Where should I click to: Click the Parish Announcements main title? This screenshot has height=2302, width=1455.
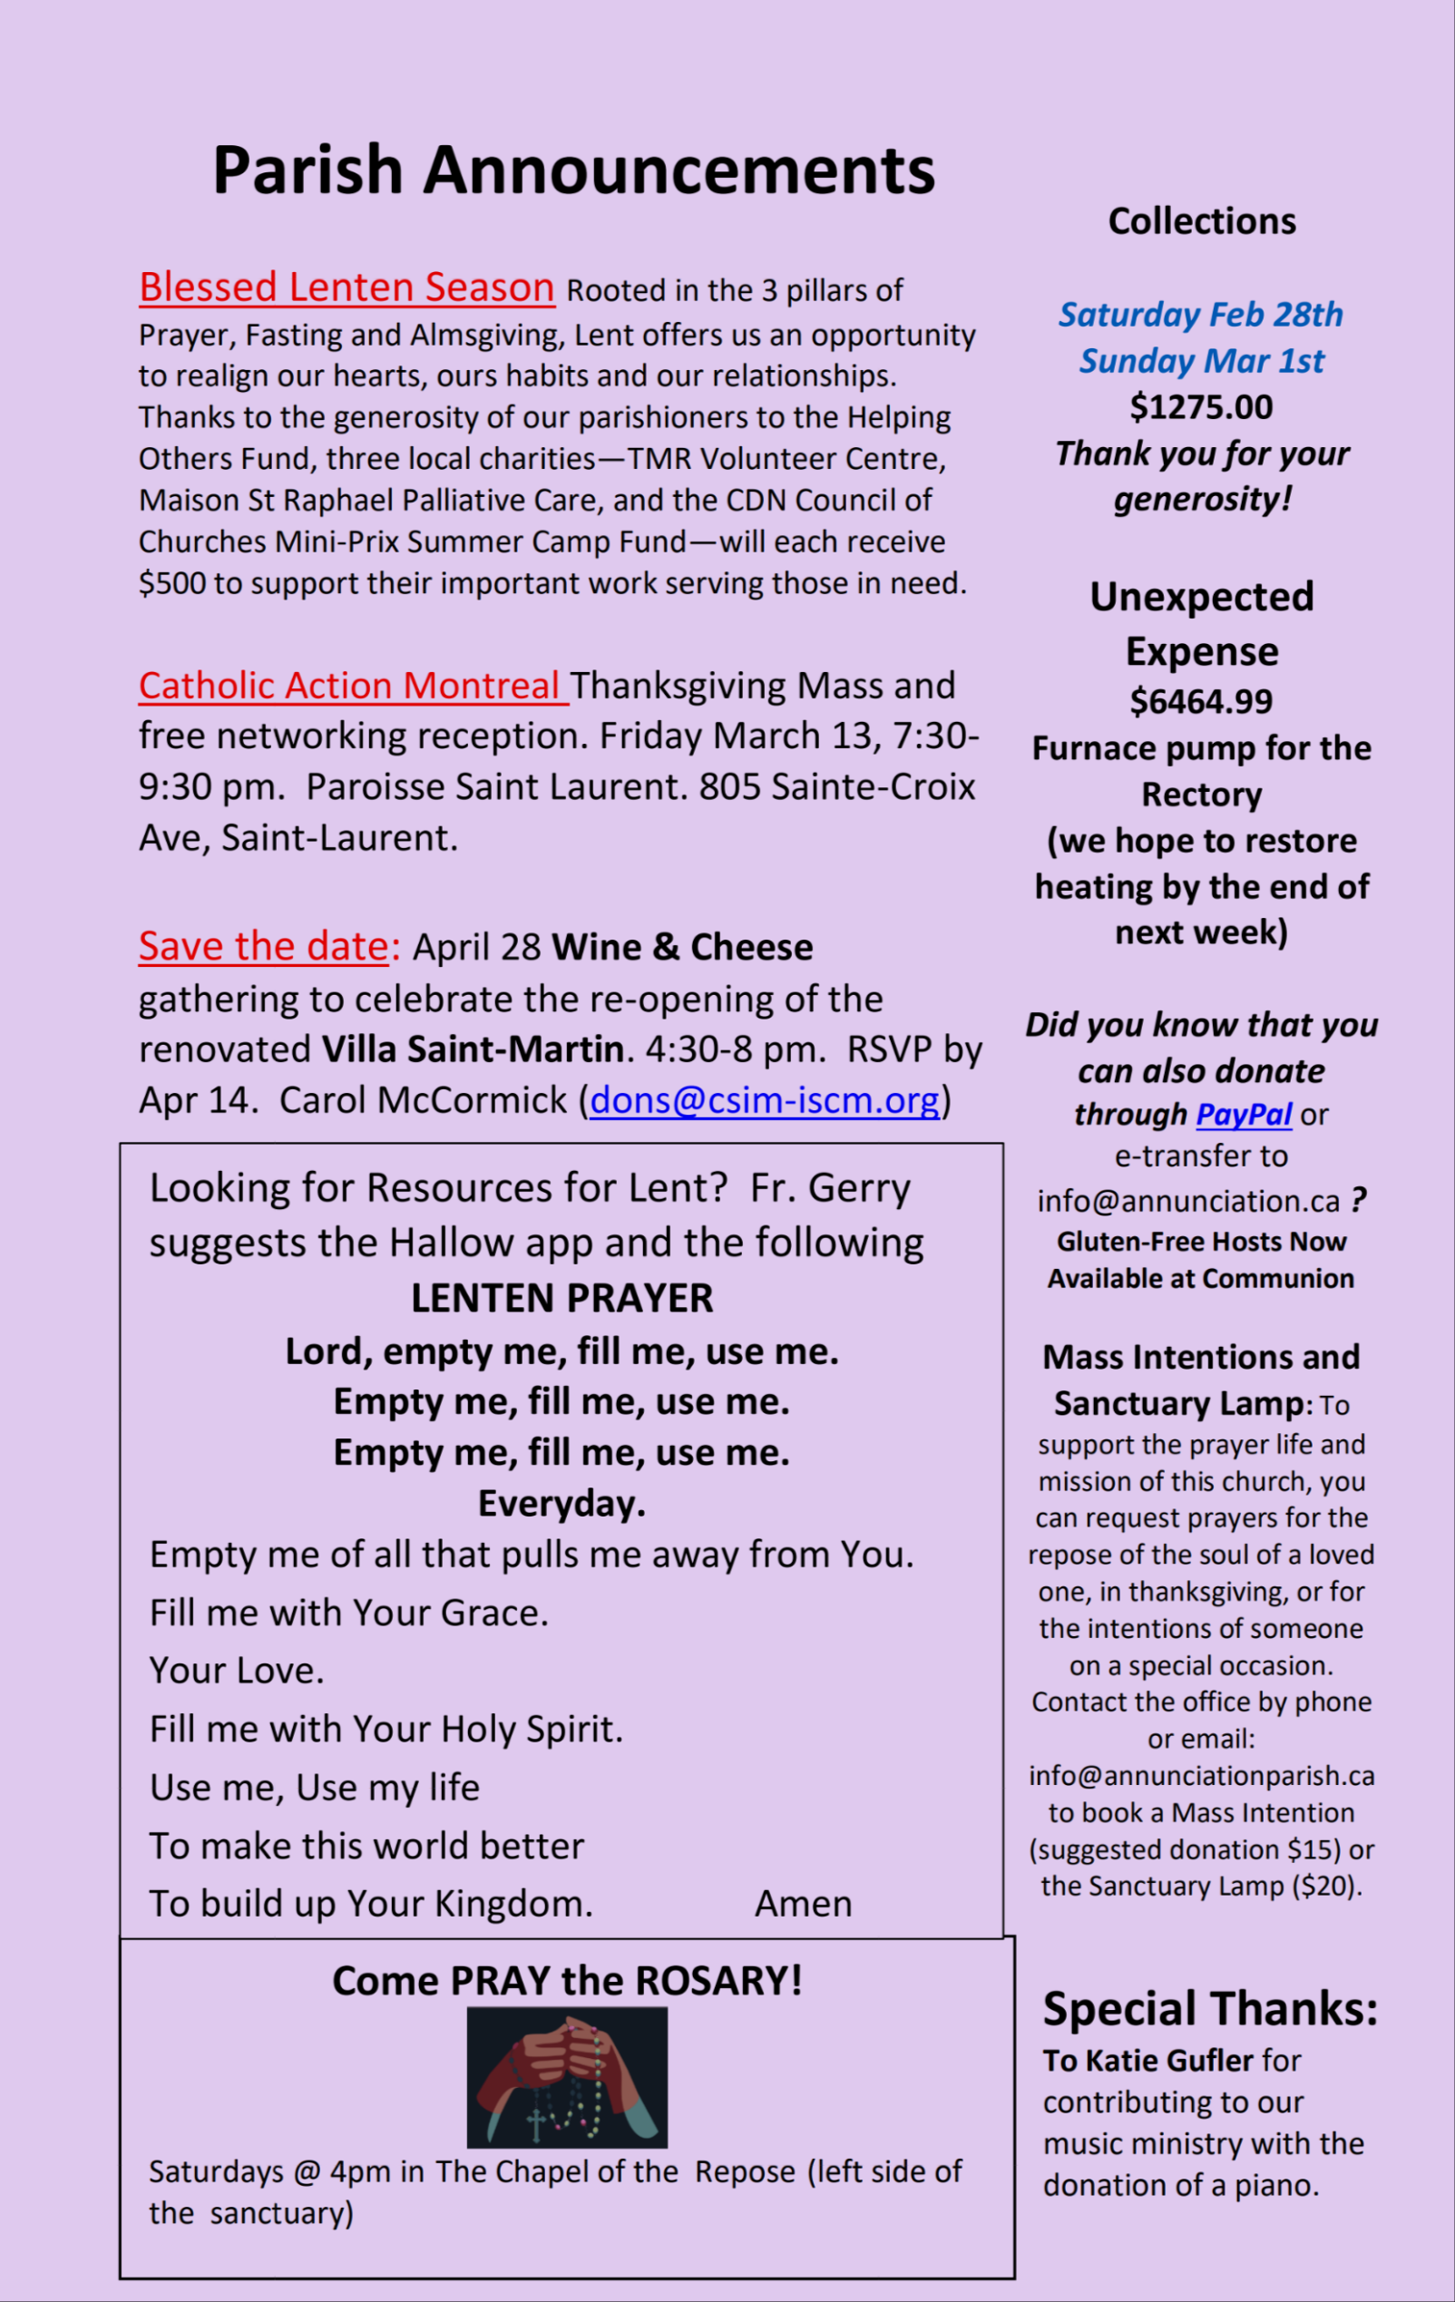tap(572, 171)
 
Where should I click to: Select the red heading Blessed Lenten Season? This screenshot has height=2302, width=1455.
tap(347, 287)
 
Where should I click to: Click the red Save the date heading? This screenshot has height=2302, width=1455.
tap(268, 946)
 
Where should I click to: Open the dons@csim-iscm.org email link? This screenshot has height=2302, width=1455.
tap(765, 1100)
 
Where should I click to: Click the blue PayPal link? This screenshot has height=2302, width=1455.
tap(1243, 1115)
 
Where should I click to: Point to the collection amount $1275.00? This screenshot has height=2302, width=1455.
tap(1201, 407)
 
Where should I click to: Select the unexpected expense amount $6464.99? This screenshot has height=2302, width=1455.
tap(1201, 702)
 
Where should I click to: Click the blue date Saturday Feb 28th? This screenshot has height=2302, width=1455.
tap(1201, 315)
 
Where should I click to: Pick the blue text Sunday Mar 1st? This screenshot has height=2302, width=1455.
tap(1201, 361)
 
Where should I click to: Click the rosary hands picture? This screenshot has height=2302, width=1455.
tap(567, 2077)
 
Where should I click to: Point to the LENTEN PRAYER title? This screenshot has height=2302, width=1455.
tap(562, 1298)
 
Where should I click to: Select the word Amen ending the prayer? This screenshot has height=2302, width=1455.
tap(803, 1903)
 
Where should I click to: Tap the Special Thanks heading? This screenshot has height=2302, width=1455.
tap(1210, 2007)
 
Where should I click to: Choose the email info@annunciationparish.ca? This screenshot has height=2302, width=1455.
tap(1202, 1775)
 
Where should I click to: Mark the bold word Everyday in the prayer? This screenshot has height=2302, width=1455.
tap(562, 1504)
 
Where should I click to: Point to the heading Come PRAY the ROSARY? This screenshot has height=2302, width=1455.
tap(567, 1980)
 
